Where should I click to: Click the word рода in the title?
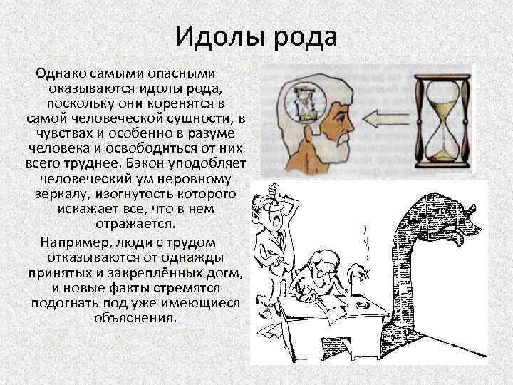point(301,35)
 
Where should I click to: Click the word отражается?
point(135,224)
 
